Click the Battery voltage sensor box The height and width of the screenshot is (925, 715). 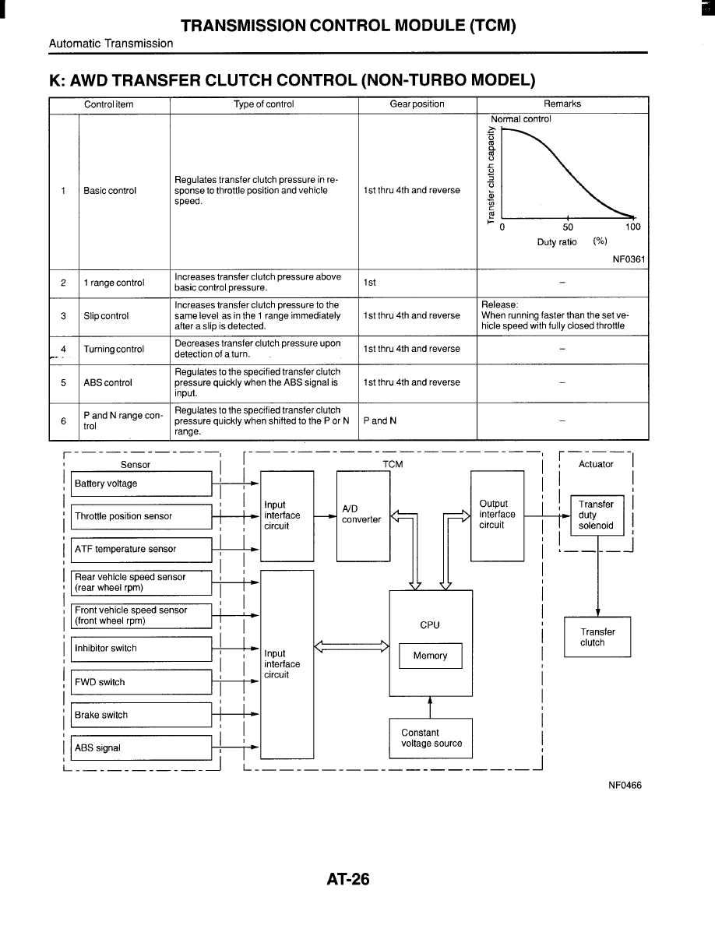(x=141, y=484)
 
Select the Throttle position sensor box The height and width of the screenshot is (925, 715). (x=141, y=516)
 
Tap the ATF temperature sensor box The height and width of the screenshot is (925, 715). (x=141, y=549)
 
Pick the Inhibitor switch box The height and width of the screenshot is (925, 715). (x=141, y=649)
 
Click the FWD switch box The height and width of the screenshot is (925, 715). (x=141, y=682)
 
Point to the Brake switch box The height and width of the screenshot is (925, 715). (x=141, y=715)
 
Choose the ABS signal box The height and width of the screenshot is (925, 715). (x=141, y=747)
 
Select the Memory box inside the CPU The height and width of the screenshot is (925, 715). (x=430, y=656)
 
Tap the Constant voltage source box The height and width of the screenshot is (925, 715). (x=431, y=737)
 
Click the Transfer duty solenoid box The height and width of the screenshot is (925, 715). (x=597, y=515)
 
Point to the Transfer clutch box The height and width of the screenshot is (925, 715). (x=597, y=637)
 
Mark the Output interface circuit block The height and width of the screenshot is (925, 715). (x=498, y=515)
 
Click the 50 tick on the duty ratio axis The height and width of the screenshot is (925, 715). (x=568, y=227)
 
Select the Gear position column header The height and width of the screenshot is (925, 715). (x=417, y=104)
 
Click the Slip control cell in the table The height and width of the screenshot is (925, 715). (x=106, y=315)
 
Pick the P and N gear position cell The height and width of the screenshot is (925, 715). (x=417, y=420)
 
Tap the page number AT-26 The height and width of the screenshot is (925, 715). (x=348, y=880)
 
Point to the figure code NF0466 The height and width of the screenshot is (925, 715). (x=625, y=785)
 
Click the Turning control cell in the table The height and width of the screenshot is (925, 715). (x=114, y=349)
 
